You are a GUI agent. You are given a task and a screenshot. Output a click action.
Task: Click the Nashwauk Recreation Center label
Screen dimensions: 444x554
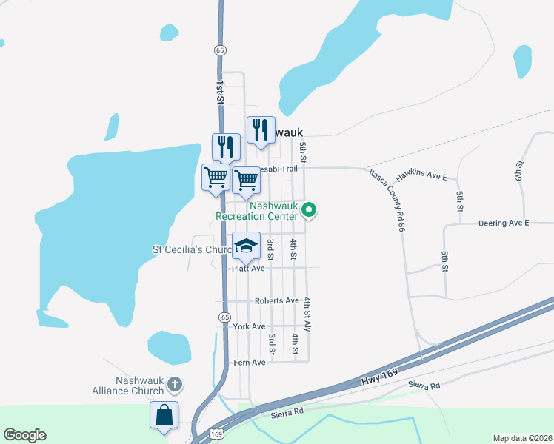[x=256, y=211]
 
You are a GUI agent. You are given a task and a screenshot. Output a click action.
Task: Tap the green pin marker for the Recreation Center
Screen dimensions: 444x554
[x=310, y=212]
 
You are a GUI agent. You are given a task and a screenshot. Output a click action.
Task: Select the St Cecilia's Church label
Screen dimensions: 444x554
[x=192, y=250]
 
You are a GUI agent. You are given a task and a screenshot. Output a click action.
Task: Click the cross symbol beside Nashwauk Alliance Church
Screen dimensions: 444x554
[x=175, y=384]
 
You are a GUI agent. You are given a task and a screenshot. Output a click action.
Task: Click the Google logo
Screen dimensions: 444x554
[x=24, y=435]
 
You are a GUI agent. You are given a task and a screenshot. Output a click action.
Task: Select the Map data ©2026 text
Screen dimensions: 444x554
[x=522, y=438]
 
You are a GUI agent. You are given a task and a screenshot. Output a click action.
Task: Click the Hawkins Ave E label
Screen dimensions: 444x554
[x=421, y=176]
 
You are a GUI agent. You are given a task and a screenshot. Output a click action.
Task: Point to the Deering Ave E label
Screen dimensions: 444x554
[x=504, y=223]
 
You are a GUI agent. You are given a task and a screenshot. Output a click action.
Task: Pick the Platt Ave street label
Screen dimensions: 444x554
[x=248, y=269]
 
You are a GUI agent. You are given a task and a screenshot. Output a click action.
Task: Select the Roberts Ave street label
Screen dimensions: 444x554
[x=276, y=301]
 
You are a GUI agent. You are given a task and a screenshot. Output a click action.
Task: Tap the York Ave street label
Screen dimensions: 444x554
[x=248, y=326]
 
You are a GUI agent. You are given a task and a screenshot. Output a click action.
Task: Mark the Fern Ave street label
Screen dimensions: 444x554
[x=249, y=363]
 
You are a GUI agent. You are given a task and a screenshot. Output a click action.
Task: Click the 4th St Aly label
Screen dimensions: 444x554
[x=307, y=314]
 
